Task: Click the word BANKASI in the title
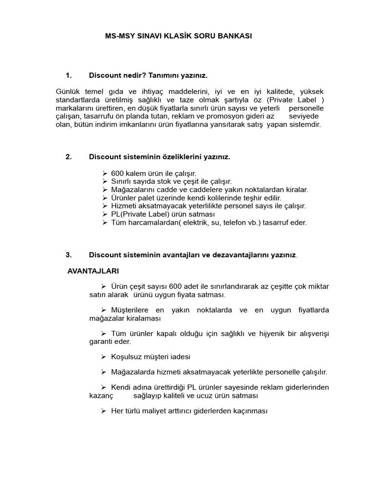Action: coord(236,36)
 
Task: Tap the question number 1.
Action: coord(68,75)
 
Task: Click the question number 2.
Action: coord(68,157)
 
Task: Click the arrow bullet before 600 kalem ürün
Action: coord(105,173)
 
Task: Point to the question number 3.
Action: coord(68,254)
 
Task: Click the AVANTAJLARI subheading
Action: coord(93,270)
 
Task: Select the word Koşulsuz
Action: coord(126,356)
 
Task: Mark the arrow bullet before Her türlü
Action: coord(104,411)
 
